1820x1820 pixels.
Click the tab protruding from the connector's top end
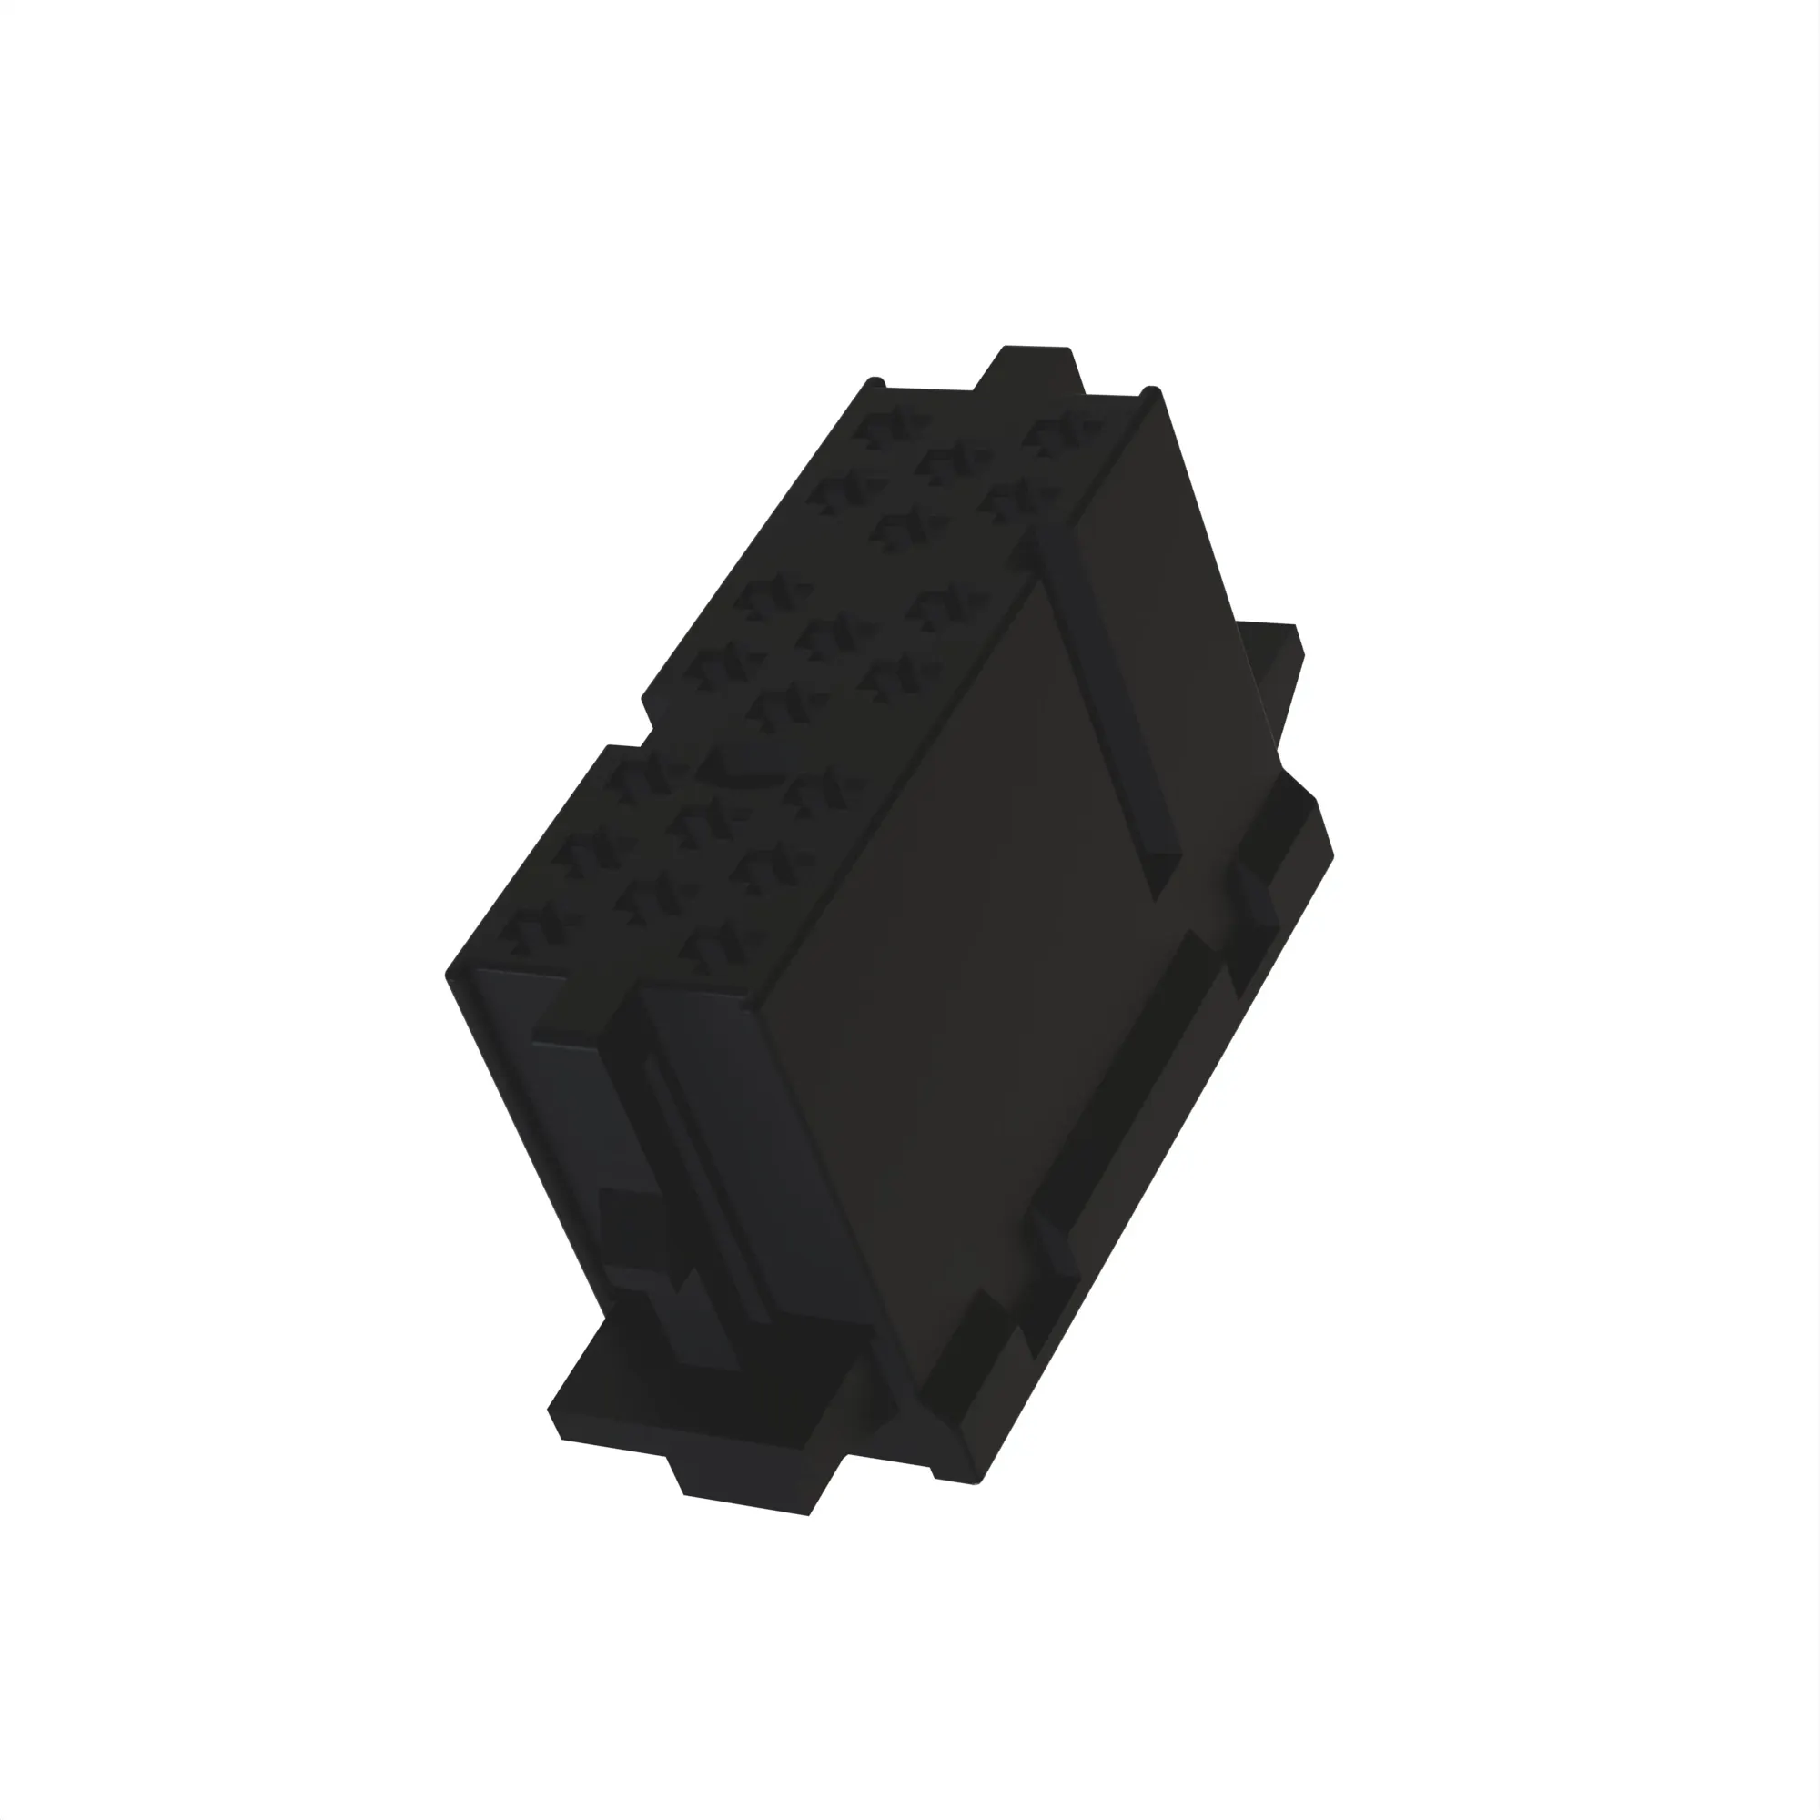tap(1035, 369)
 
